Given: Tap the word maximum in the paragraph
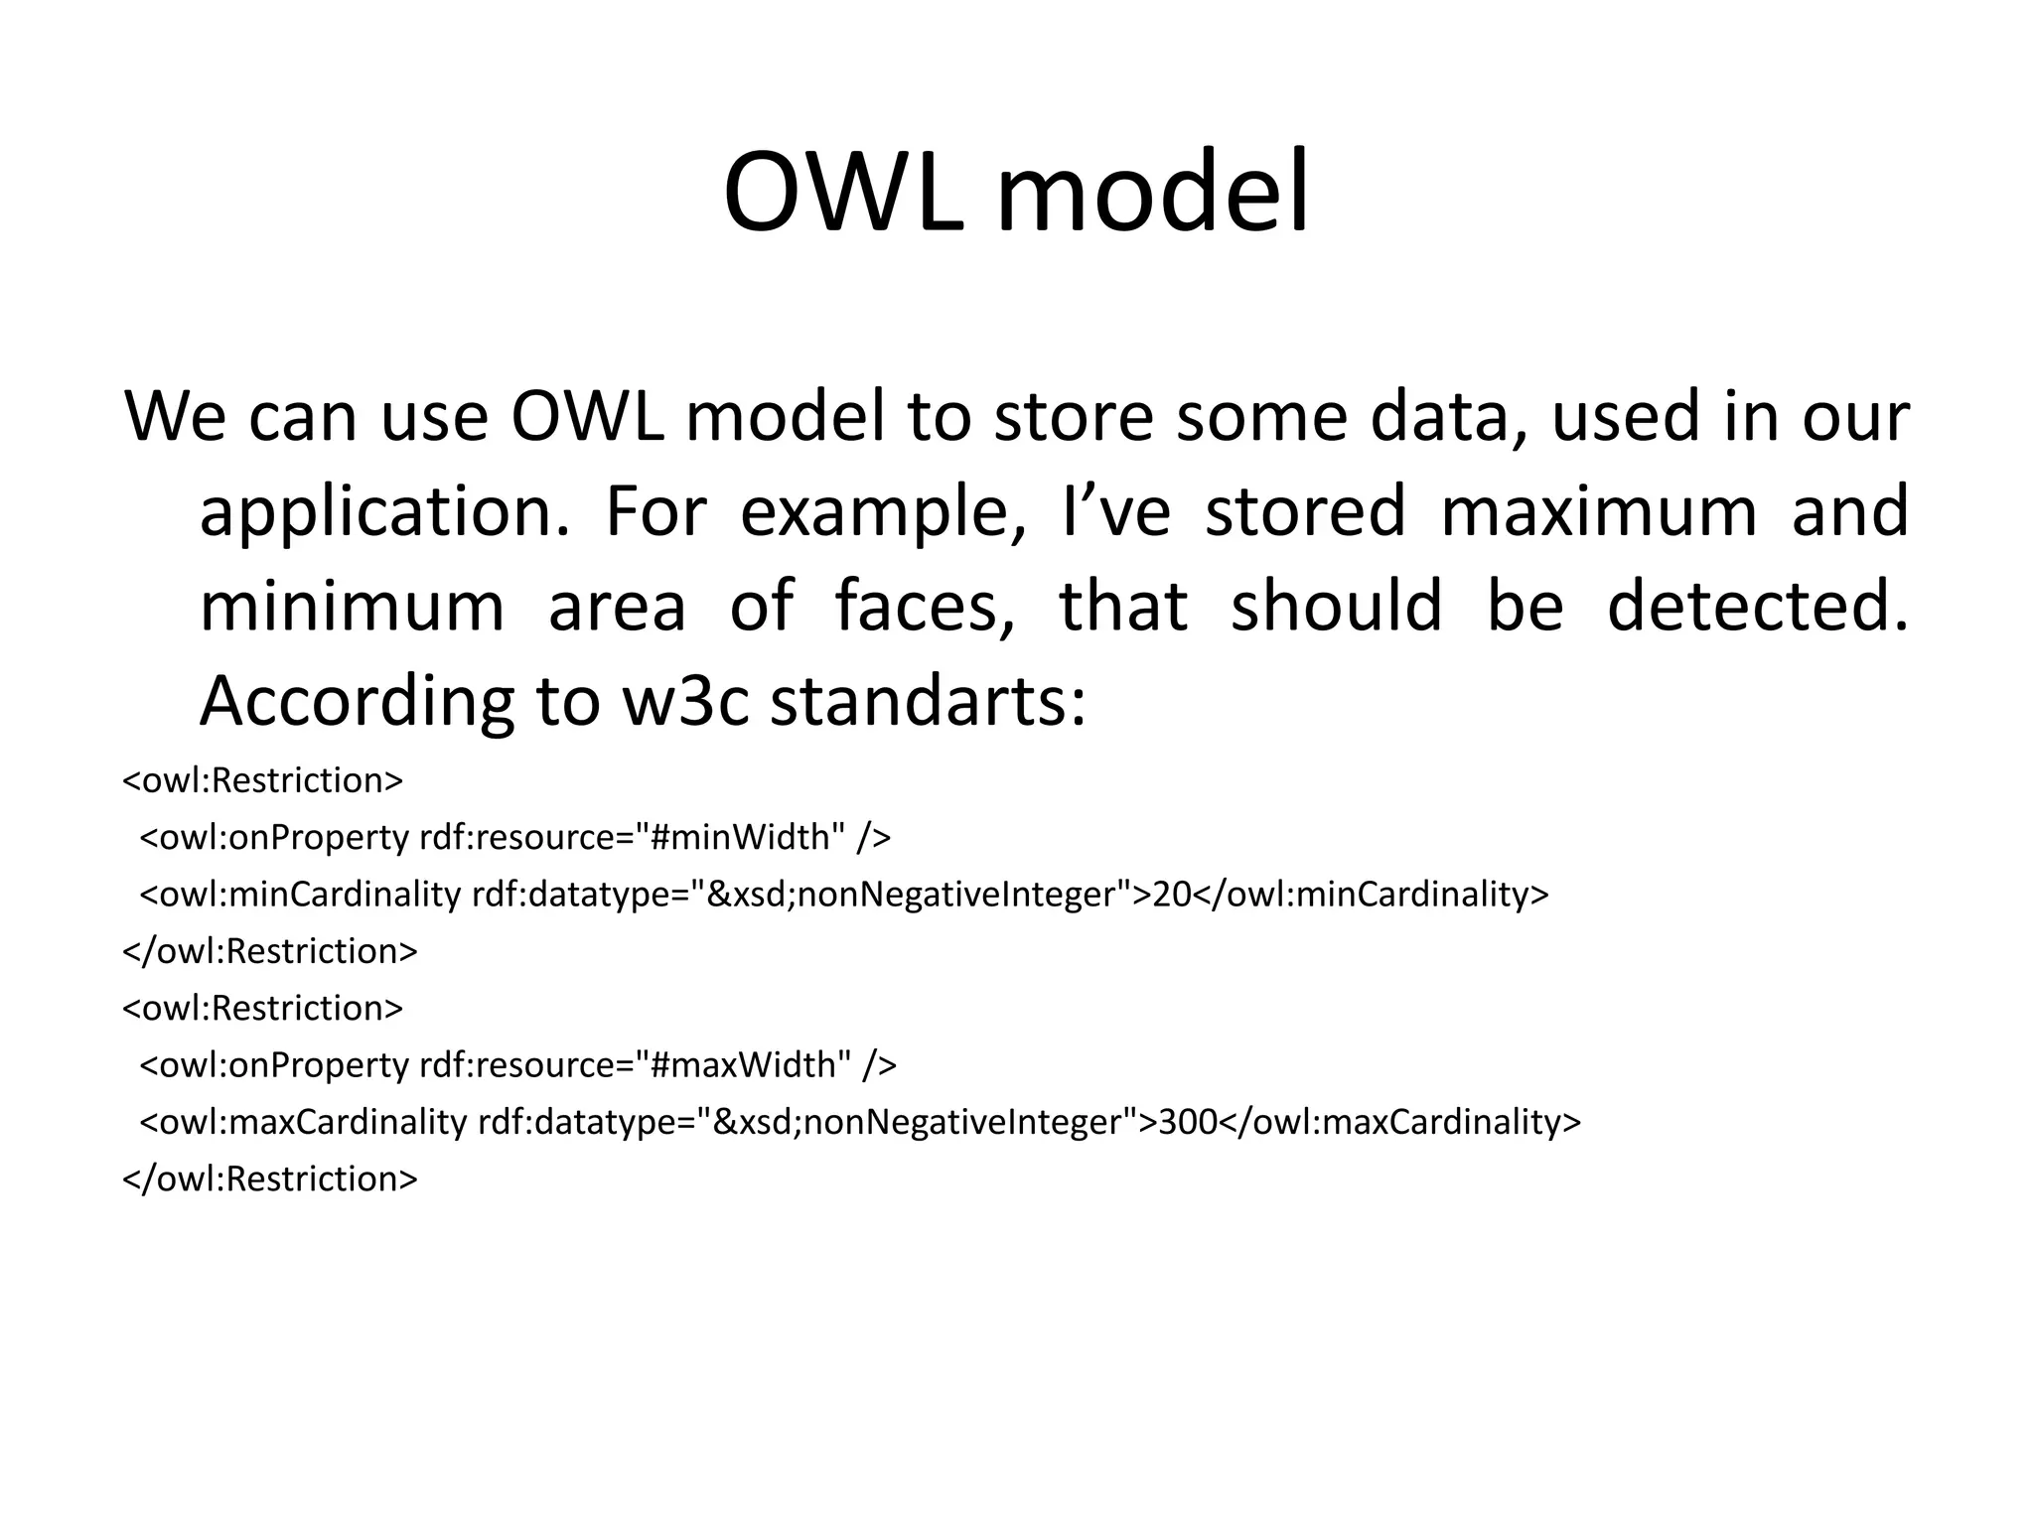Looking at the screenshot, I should [1598, 511].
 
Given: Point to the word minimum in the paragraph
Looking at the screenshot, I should [352, 607].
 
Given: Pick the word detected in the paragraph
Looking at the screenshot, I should [1756, 607].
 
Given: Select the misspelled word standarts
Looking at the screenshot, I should [928, 702].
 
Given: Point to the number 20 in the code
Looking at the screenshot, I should [1171, 895].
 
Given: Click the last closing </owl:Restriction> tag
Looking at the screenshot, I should [269, 1178].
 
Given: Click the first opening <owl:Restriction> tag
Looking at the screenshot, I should [262, 780].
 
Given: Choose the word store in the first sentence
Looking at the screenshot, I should [1073, 417].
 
